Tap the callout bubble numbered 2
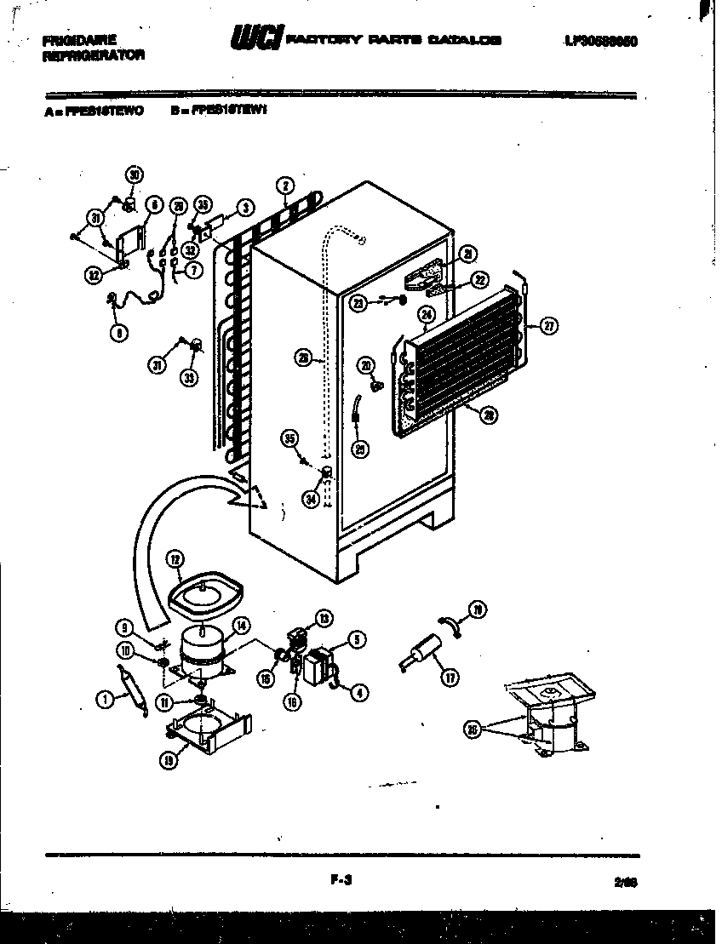click(285, 186)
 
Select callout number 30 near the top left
click(134, 175)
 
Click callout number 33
click(188, 377)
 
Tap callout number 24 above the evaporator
click(427, 317)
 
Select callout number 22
click(480, 280)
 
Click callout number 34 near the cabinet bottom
click(311, 500)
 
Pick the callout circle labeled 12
click(175, 559)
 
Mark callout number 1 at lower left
click(104, 699)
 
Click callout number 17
click(450, 678)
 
